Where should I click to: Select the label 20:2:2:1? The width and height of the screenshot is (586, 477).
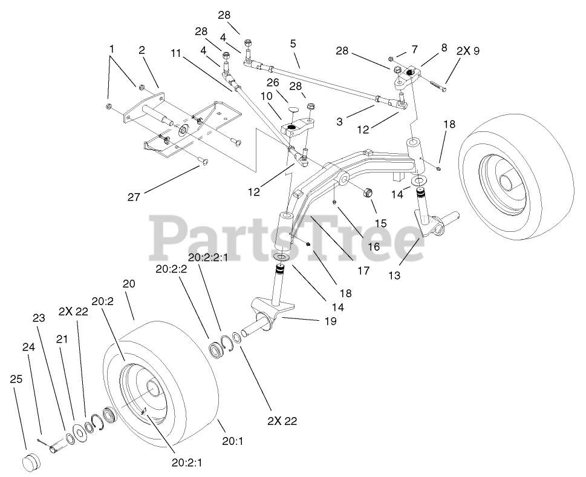click(209, 257)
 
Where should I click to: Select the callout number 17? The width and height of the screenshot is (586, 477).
click(362, 271)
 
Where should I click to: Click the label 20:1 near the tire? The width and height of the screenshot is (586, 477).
click(232, 441)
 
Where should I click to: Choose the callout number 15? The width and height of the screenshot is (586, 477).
click(381, 223)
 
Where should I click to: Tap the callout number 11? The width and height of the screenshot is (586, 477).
click(176, 53)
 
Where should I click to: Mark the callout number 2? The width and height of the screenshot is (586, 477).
click(142, 50)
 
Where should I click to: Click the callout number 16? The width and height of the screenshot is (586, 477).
click(373, 246)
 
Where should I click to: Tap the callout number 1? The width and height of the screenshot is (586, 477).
click(111, 48)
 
